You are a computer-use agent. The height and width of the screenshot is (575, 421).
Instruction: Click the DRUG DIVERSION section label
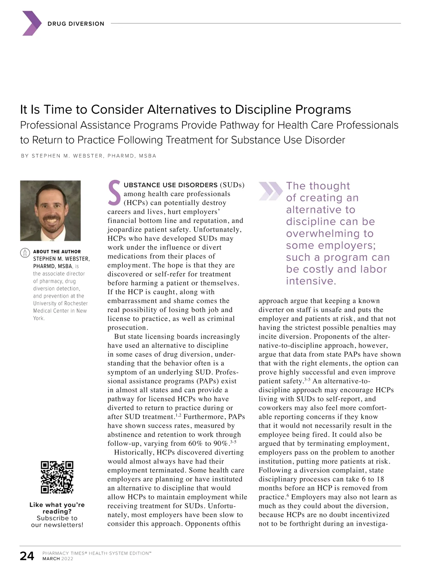tap(76, 24)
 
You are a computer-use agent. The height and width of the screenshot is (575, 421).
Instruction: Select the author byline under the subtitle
tap(88, 156)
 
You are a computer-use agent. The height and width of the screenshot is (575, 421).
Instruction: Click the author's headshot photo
tap(51, 210)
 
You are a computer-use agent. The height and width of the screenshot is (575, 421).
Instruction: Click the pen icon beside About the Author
tap(25, 253)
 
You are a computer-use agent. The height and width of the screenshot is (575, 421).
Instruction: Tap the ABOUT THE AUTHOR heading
tap(57, 252)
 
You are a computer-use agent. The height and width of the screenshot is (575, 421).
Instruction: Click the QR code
tap(57, 477)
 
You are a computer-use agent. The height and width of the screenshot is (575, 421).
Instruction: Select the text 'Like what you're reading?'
tap(57, 508)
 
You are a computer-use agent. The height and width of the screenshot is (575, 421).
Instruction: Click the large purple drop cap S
tap(114, 193)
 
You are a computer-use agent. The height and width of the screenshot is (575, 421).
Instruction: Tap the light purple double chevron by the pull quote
tap(270, 191)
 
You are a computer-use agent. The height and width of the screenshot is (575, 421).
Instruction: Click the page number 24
tap(27, 556)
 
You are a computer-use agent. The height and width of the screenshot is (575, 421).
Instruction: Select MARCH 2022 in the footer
tap(58, 559)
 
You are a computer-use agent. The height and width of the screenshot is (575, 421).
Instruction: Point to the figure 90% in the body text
tap(221, 444)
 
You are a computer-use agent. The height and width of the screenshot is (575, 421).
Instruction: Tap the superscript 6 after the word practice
tap(288, 496)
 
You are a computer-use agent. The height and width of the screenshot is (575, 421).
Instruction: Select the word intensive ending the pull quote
tap(310, 281)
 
